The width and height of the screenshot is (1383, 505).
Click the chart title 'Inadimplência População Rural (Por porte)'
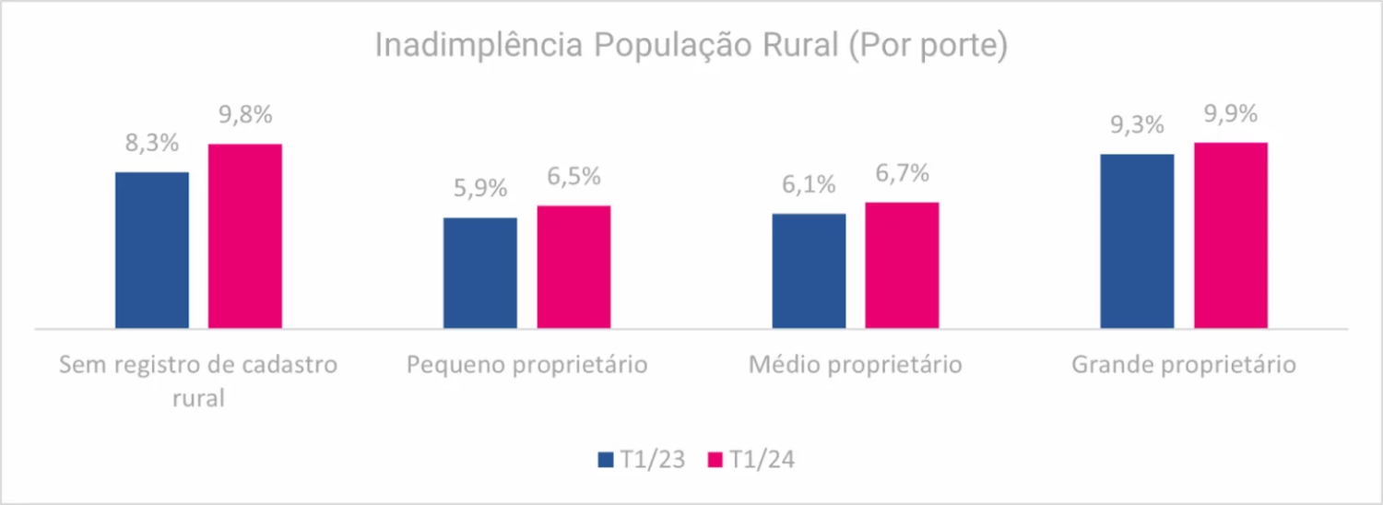pos(691,46)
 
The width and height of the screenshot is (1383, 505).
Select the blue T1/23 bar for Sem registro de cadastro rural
pos(152,250)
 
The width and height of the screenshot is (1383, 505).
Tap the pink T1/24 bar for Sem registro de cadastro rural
pos(244,236)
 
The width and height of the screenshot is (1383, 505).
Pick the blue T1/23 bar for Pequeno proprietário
pos(480,273)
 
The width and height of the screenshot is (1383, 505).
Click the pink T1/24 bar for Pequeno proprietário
pos(573,266)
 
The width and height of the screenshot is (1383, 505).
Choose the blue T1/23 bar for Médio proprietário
pos(809,271)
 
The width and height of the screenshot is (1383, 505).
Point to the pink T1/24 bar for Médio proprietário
pos(902,265)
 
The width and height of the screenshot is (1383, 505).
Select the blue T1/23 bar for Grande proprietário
pos(1138,241)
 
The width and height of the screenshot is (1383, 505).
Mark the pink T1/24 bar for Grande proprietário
pos(1231,235)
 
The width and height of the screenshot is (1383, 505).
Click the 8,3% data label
pos(151,145)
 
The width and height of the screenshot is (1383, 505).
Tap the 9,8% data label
pos(245,117)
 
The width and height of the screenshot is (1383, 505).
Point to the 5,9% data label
pos(480,189)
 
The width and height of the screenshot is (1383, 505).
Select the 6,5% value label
pos(573,177)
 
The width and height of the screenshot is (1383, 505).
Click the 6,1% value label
pos(809,185)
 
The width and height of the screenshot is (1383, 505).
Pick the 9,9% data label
pos(1231,115)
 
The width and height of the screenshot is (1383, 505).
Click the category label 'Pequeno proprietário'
pos(527,365)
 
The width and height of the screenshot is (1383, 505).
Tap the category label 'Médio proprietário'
pos(856,365)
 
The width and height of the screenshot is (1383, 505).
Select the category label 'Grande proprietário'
pos(1184,365)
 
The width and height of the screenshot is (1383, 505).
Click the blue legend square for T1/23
pos(606,460)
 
